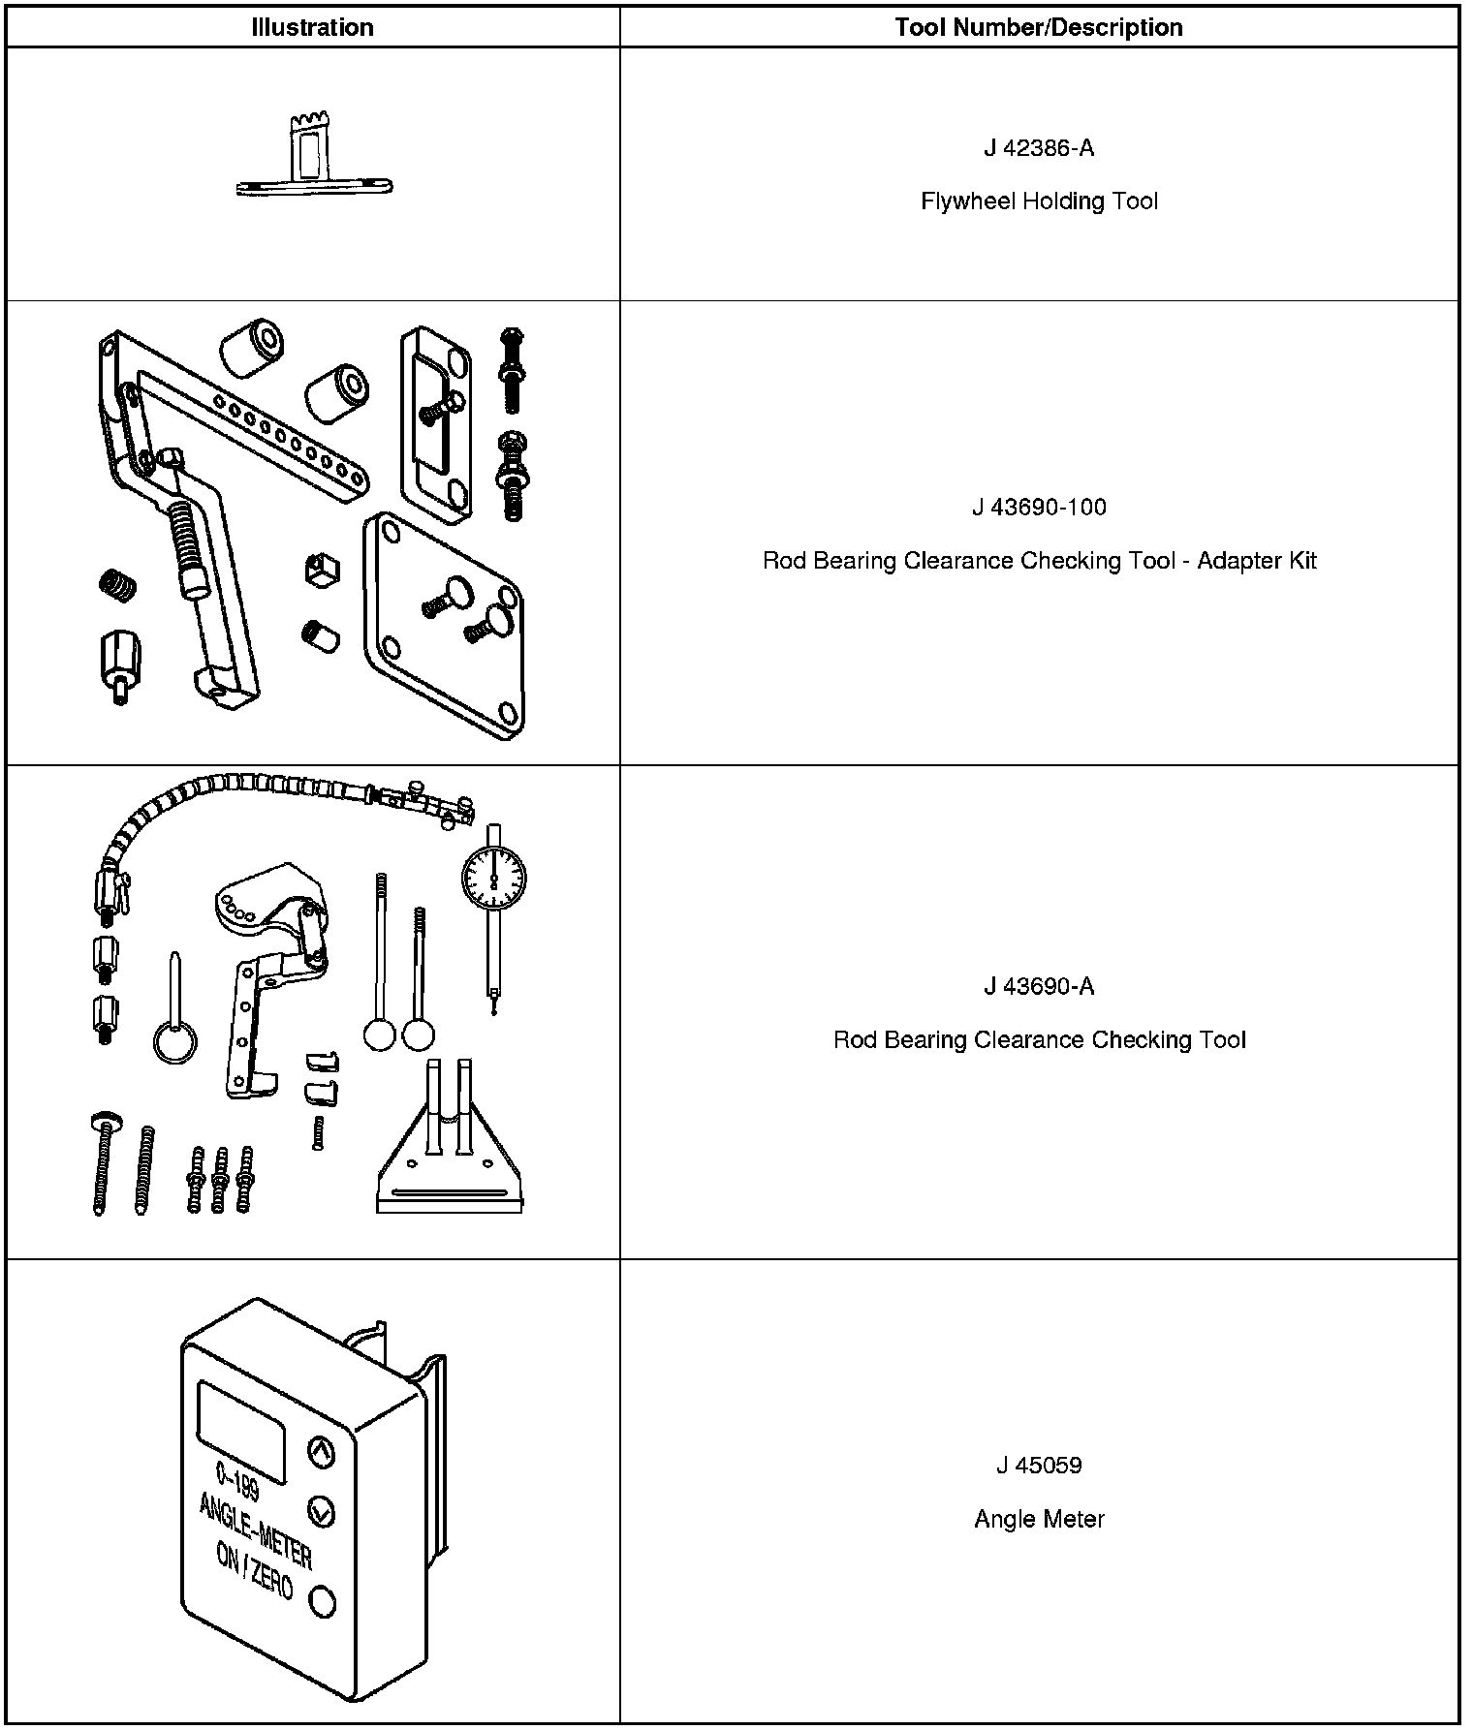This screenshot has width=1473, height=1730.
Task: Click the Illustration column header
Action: tap(312, 27)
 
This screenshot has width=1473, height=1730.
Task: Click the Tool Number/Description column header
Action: tap(1039, 27)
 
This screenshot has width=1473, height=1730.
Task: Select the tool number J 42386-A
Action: tap(1039, 148)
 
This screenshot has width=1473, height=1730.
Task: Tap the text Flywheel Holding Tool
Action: tap(1039, 201)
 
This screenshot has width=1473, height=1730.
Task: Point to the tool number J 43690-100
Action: tap(1039, 508)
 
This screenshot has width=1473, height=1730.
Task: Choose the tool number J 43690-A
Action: tap(1039, 986)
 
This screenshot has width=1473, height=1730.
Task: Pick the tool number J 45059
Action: tap(1039, 1466)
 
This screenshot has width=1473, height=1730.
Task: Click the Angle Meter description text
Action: tap(1039, 1519)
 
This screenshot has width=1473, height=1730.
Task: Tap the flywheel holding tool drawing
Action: tap(313, 160)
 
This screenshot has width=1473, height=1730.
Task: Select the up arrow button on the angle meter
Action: tap(321, 1451)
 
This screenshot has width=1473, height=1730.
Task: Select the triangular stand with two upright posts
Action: tap(450, 1153)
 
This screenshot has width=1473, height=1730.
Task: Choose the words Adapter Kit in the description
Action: tap(1257, 561)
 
